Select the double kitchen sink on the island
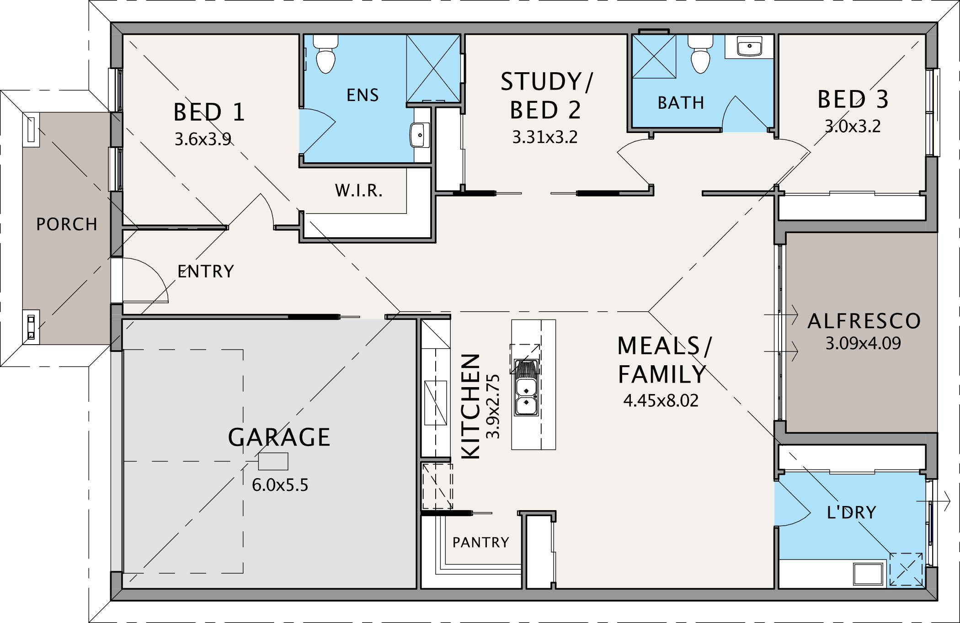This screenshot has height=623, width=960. (526, 387)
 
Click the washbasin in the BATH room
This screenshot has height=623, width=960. (749, 47)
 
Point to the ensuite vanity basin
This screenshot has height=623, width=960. (420, 135)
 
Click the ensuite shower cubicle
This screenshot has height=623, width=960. (433, 69)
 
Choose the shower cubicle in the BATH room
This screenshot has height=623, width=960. (654, 56)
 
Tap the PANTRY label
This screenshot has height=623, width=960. (480, 542)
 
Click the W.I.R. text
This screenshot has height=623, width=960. (358, 190)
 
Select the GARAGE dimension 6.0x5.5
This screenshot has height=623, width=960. (280, 485)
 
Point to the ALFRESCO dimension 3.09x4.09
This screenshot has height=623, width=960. (863, 343)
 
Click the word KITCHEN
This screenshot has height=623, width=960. (470, 406)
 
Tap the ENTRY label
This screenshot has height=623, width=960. (206, 272)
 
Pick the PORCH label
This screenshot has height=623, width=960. (67, 224)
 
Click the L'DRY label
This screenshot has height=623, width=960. (851, 512)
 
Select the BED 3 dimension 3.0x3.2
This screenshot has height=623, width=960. (853, 126)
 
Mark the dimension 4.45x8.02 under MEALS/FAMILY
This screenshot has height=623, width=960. (661, 400)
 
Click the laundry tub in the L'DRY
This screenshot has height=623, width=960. (868, 574)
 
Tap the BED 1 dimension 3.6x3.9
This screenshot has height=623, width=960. (203, 139)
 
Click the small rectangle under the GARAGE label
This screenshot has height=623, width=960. (273, 461)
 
